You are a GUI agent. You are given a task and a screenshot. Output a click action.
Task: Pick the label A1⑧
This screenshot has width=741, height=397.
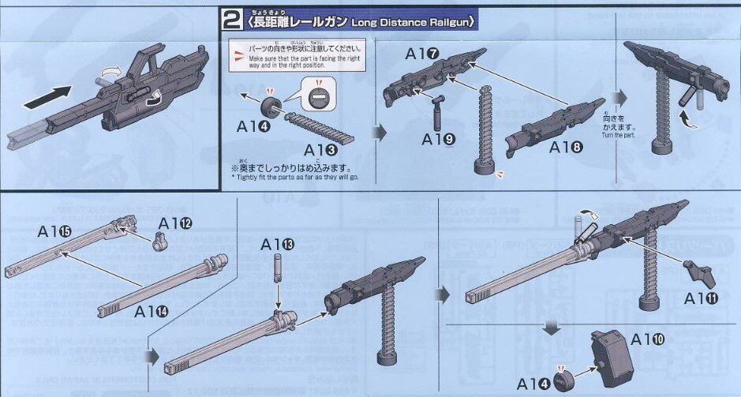click(x=567, y=147)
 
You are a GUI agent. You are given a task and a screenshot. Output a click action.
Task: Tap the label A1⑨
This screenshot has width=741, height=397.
click(x=438, y=140)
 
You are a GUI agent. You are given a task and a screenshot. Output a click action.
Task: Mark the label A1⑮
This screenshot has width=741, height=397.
click(x=54, y=231)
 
